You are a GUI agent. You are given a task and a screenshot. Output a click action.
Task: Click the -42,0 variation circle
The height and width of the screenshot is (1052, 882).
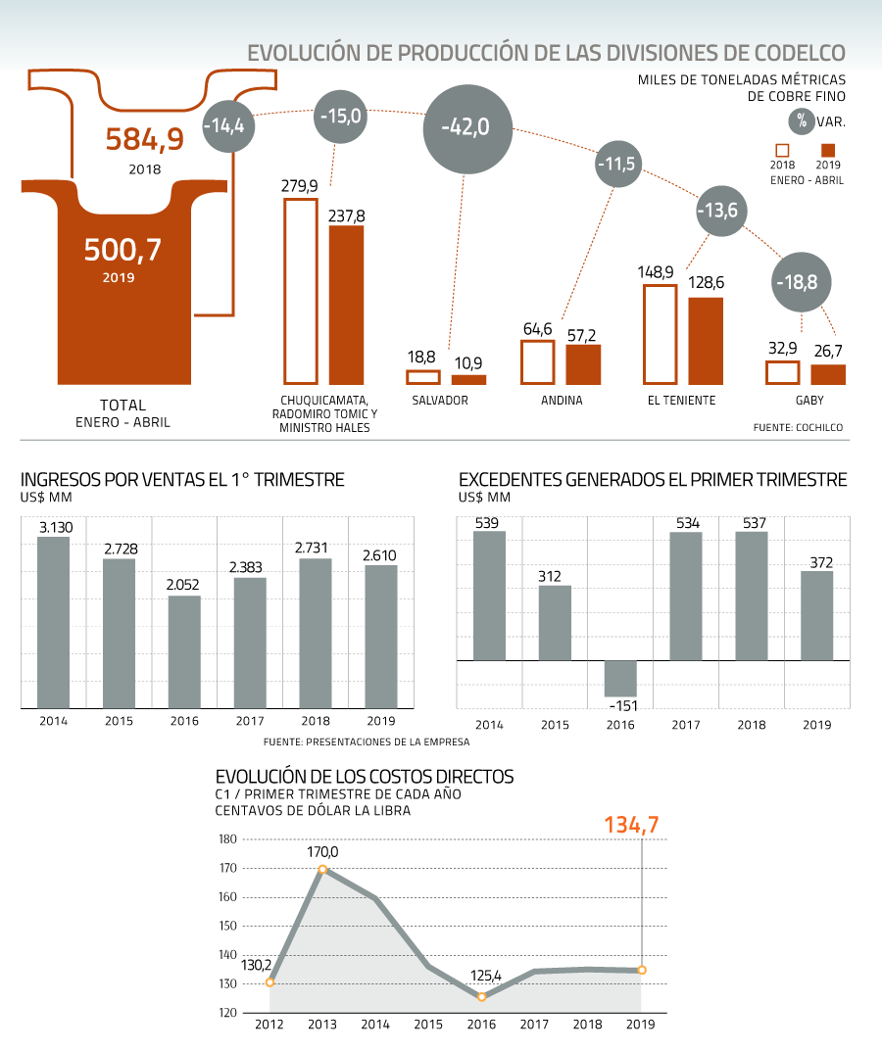coord(467,129)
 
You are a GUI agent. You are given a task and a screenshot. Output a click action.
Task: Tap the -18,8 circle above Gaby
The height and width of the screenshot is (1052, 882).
coord(800,282)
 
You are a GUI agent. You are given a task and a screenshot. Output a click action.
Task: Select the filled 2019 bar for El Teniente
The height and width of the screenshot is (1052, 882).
coord(706,341)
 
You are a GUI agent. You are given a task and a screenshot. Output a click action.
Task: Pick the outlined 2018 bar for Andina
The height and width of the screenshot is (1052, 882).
coord(538,362)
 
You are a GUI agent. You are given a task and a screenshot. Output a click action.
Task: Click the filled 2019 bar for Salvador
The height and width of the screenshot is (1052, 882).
coord(468,380)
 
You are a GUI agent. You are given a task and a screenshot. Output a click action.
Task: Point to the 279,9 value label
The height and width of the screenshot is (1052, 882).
coord(299,186)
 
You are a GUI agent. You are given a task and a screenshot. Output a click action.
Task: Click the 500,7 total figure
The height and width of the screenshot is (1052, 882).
coord(122,250)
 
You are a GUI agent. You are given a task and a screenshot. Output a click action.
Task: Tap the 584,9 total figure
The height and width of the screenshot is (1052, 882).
coord(144,139)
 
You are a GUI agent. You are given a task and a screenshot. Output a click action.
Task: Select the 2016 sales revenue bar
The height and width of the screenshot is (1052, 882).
coord(184,651)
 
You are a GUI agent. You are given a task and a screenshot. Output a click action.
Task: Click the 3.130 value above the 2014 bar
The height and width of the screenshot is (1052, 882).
coord(56,527)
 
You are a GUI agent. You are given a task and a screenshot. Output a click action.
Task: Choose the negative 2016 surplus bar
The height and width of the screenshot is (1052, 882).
coord(620,678)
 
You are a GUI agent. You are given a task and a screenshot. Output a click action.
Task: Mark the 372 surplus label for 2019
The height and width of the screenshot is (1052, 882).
coord(821,562)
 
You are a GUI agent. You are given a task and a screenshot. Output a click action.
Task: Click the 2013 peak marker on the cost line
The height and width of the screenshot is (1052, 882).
coord(322,869)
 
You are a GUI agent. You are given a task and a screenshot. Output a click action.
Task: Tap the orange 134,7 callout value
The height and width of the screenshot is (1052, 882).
coord(631,825)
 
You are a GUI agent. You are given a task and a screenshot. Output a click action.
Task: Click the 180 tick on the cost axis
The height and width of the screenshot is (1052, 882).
coord(227,838)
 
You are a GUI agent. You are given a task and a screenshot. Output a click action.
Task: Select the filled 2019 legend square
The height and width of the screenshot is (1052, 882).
coord(828,150)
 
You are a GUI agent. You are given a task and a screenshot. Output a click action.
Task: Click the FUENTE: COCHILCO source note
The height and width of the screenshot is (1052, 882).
coord(798,427)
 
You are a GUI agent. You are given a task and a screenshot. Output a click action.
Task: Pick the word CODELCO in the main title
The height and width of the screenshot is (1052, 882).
coord(800,53)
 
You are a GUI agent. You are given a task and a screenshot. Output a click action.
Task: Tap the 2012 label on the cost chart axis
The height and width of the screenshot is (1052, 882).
coord(269,1025)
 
